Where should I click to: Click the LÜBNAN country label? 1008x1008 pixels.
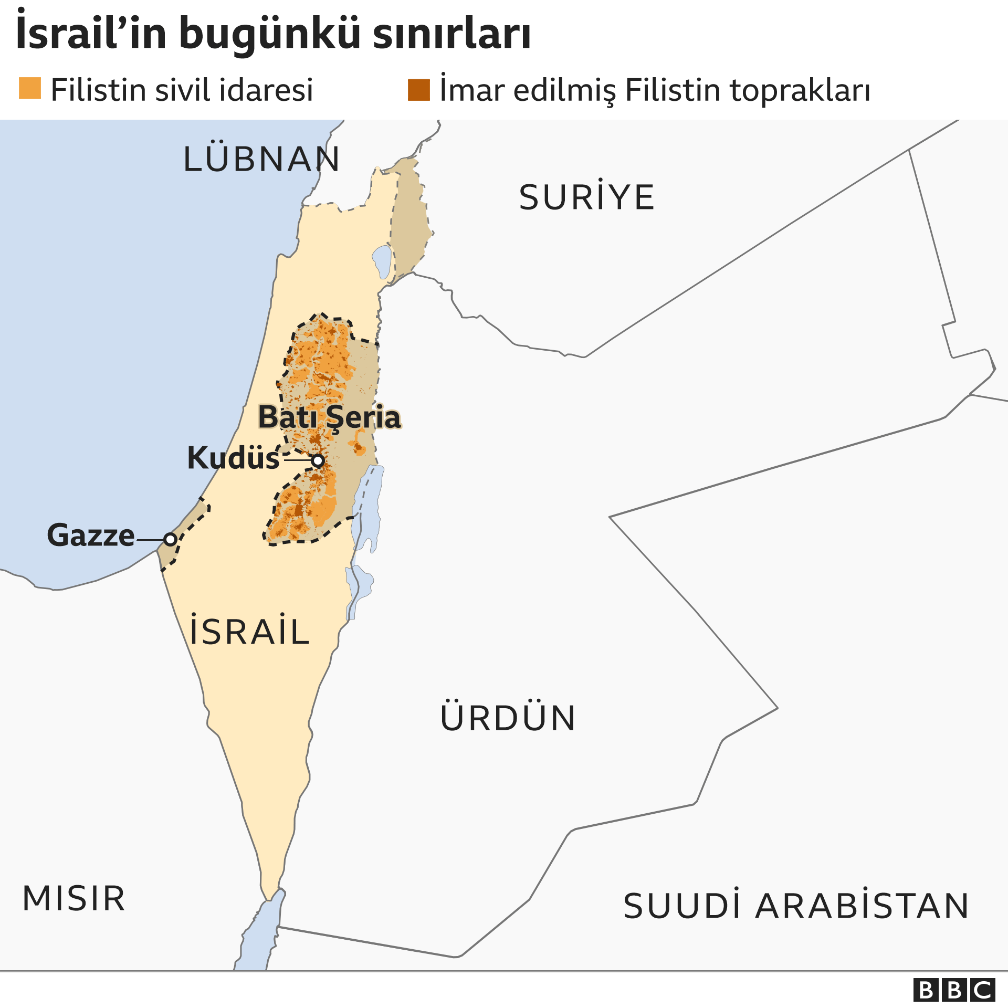click(261, 159)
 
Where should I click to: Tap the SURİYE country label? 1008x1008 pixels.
click(586, 198)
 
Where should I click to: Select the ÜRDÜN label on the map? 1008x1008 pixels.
click(508, 718)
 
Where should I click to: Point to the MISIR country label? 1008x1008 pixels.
click(74, 898)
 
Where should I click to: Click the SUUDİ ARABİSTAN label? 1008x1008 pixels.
click(796, 906)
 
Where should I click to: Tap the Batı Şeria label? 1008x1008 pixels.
click(329, 417)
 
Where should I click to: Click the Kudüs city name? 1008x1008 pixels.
click(233, 458)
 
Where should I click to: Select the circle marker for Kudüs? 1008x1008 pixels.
click(318, 461)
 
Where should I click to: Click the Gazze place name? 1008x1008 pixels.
click(91, 535)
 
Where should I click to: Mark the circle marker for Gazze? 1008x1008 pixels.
click(170, 539)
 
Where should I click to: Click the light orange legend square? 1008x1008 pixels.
click(30, 89)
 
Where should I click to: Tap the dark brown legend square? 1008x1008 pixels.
click(418, 90)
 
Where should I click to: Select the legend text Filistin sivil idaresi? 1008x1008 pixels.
click(182, 90)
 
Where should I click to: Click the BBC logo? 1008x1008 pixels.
click(954, 990)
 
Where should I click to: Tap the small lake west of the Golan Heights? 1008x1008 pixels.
click(382, 261)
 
